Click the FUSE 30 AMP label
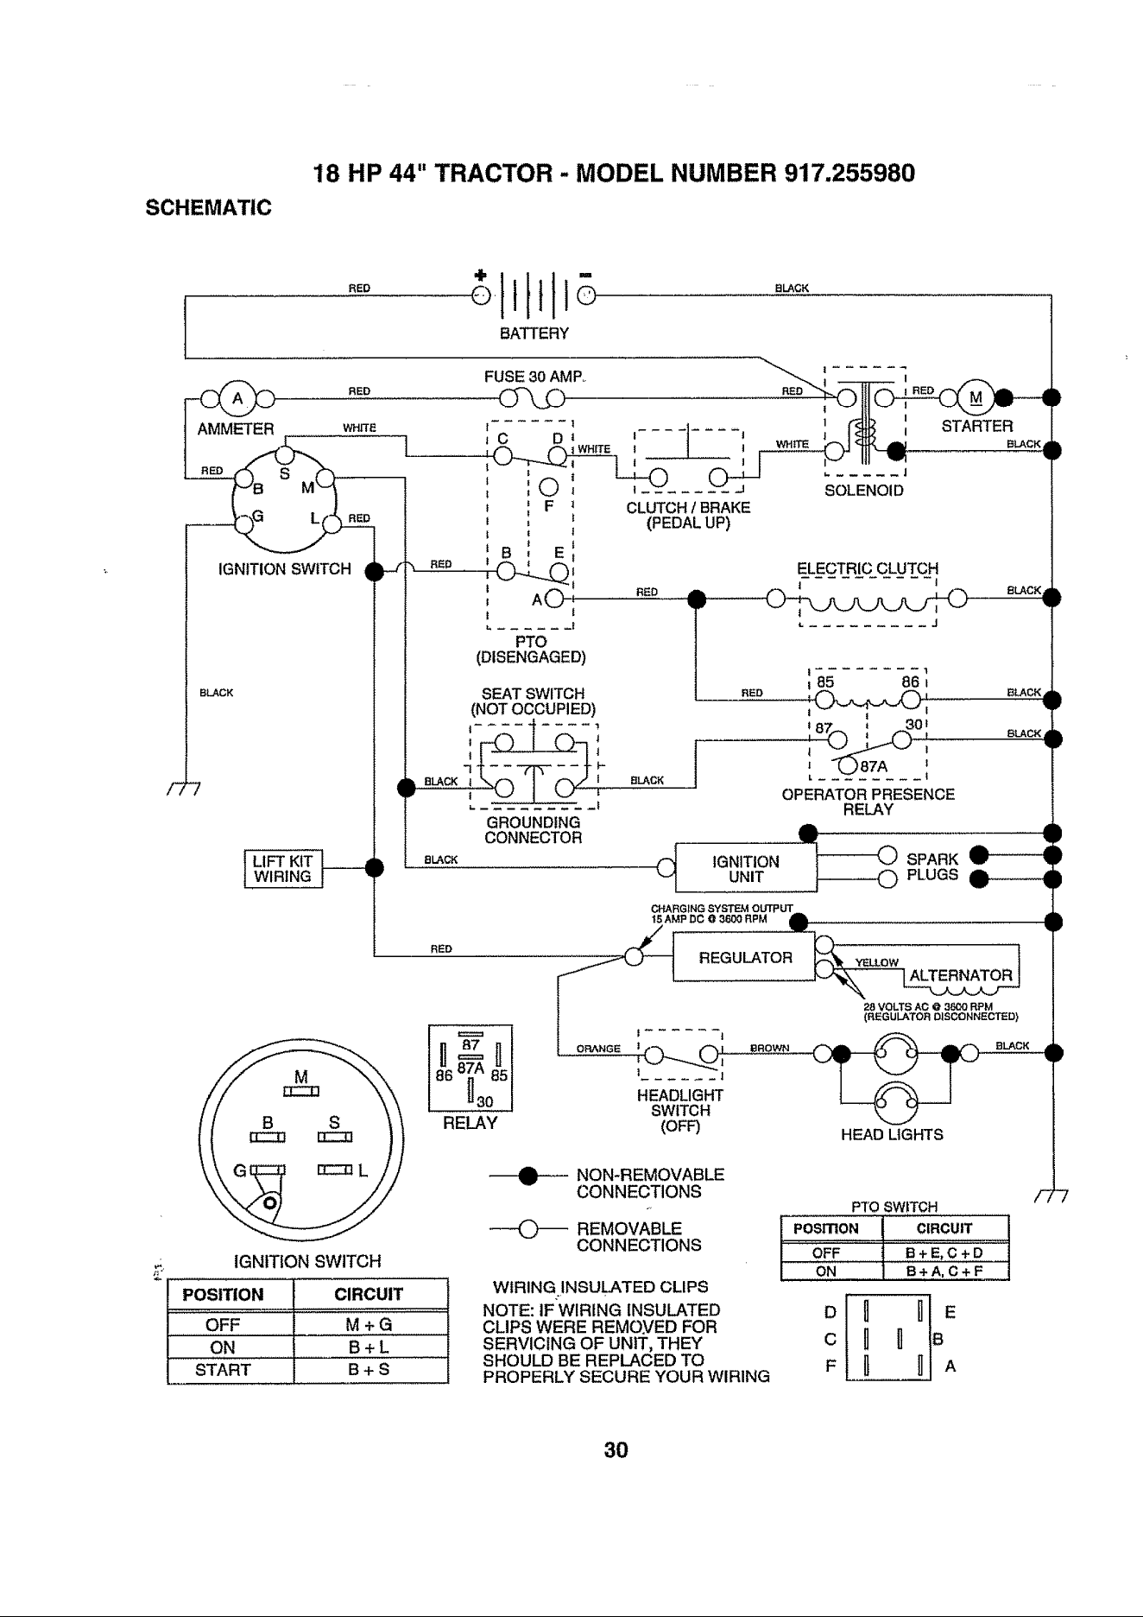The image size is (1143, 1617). click(x=535, y=377)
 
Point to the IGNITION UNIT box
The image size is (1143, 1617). click(x=746, y=867)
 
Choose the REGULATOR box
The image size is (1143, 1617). click(x=745, y=957)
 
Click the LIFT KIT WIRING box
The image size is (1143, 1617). click(x=283, y=868)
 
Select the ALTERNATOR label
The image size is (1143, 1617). click(x=961, y=976)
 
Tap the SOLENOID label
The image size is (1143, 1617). click(x=864, y=491)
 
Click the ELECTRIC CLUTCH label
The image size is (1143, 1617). click(x=868, y=568)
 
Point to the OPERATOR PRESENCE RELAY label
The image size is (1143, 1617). click(x=868, y=802)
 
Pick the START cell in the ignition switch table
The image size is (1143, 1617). click(x=223, y=1370)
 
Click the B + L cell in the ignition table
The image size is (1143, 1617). click(x=369, y=1347)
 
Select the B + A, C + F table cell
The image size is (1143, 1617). click(x=945, y=1271)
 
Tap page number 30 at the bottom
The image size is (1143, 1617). click(x=616, y=1449)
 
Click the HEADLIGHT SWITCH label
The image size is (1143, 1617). click(x=680, y=1111)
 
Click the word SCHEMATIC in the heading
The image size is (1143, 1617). click(x=207, y=208)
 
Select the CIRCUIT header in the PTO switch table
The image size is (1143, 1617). click(x=945, y=1228)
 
